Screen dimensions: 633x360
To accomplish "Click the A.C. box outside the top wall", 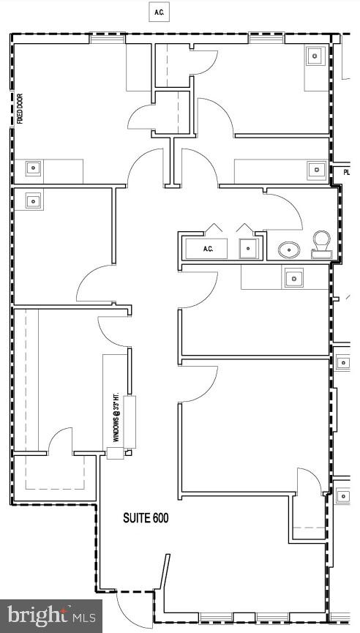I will coord(158,12).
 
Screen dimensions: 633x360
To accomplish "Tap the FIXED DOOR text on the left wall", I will coord(20,108).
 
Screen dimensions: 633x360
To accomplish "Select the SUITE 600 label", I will coord(146,519).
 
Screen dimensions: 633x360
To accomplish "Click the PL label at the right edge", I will coord(346,173).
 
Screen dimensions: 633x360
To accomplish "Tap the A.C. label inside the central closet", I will coord(208,249).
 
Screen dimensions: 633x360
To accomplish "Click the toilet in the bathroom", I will coord(321,244).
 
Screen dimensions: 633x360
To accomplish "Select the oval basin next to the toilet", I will coord(290,250).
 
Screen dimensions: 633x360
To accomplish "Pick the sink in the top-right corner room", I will coord(315,56).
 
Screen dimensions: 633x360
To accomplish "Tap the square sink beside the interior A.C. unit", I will coord(249,249).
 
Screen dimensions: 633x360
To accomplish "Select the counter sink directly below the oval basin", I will coord(294,277).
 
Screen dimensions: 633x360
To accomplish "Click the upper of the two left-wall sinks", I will coord(33,168).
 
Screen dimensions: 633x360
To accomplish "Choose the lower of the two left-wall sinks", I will coord(33,199).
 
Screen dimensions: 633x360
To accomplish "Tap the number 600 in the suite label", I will coord(160,519).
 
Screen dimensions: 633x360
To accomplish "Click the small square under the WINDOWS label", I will coord(116,453).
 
